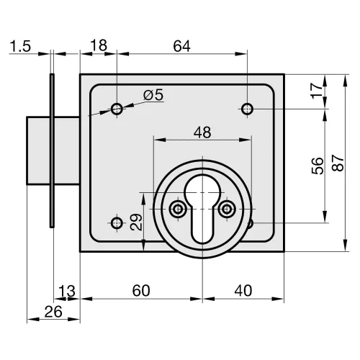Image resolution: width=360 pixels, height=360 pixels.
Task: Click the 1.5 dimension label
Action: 20,46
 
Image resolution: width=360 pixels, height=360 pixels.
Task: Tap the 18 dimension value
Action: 99,45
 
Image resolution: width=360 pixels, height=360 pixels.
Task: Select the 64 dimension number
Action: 181,46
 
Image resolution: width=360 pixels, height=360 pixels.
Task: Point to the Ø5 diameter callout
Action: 153,95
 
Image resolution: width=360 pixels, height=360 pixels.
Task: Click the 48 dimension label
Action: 202,132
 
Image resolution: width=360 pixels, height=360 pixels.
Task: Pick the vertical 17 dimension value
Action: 317,90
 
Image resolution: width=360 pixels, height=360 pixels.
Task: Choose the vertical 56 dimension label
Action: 318,166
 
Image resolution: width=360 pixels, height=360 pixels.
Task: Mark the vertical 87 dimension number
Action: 338,163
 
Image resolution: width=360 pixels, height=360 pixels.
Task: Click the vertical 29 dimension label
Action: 136,222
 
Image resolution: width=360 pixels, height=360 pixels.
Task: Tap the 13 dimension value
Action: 67,291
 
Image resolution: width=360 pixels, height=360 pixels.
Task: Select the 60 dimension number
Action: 141,290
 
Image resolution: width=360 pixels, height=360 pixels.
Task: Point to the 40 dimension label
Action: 243,290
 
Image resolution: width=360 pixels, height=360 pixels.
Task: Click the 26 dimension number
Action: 53,312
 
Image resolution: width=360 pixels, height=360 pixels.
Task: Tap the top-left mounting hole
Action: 117,109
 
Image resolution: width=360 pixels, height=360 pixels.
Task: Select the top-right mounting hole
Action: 247,109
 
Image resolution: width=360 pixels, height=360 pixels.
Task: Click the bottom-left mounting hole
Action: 117,223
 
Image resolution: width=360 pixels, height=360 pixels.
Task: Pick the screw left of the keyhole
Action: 178,209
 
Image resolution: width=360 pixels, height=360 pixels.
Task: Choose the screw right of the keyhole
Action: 227,209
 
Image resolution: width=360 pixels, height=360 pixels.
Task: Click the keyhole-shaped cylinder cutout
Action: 202,209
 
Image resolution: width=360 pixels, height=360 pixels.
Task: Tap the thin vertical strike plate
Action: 52,150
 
